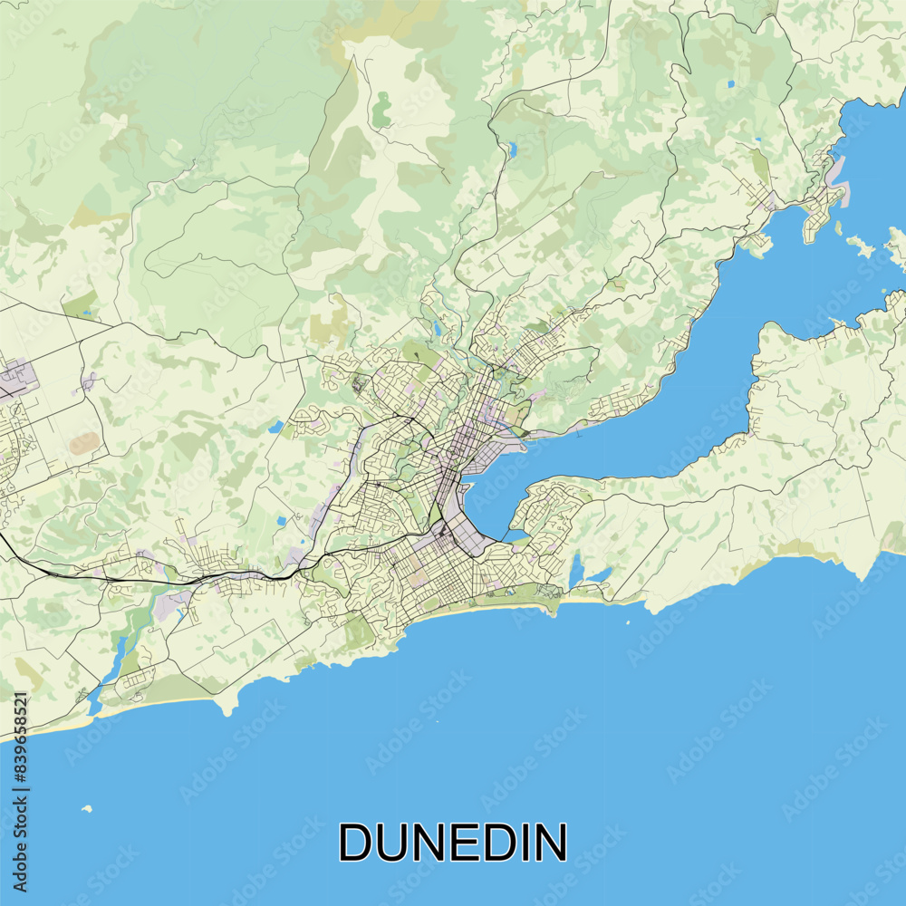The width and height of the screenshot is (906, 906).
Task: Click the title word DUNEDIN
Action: [x=453, y=843]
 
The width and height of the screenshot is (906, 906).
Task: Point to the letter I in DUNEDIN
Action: [x=527, y=843]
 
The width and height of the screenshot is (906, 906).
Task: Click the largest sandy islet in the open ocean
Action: [x=87, y=807]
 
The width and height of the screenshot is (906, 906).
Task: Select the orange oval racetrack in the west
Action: [x=83, y=443]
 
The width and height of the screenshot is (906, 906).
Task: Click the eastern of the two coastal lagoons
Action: [x=599, y=573]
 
